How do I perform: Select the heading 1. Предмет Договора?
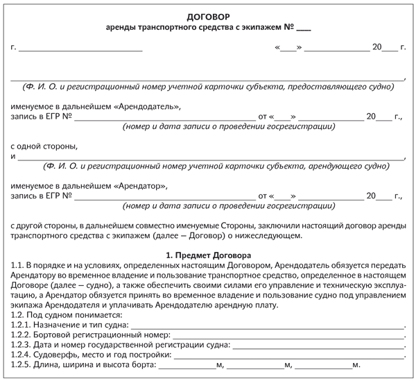coord(208,255)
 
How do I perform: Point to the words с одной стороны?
coord(44,147)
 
